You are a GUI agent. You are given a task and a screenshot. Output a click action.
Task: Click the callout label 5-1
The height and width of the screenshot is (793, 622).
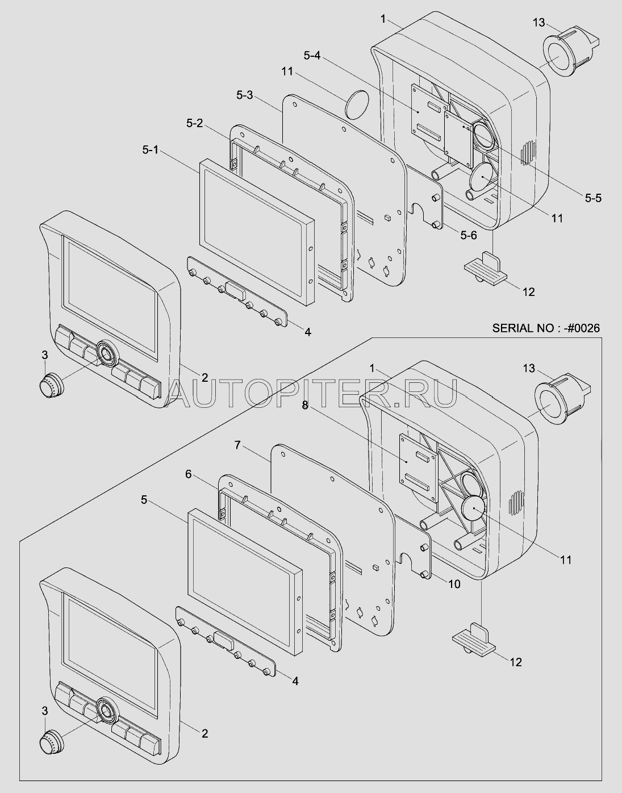[151, 149]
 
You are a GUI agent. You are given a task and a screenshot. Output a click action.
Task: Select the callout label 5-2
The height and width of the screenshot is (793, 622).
[194, 123]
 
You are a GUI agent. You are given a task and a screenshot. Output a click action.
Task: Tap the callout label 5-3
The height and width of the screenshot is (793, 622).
[244, 95]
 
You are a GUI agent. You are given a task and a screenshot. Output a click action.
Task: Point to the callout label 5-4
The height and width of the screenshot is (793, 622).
[312, 56]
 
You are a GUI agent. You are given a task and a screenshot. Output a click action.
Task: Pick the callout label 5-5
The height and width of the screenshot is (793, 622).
[593, 198]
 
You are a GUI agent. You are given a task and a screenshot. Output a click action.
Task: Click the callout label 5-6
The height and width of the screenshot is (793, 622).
[469, 235]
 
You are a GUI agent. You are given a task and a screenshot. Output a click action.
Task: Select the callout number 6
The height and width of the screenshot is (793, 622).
[188, 474]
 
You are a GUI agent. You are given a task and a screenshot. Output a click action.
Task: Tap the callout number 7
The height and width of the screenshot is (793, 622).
[237, 445]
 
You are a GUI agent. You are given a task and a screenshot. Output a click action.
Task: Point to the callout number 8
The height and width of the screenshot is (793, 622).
[305, 406]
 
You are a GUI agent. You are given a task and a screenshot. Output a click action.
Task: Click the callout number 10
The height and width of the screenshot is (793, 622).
[454, 585]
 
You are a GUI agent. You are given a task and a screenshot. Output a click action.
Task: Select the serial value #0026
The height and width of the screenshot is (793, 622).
[581, 328]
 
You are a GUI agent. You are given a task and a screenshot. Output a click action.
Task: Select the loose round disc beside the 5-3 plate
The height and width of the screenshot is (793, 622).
[356, 104]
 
